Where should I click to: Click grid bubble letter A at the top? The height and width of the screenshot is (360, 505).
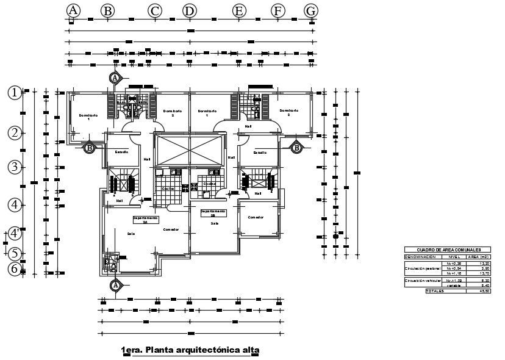tap(73, 10)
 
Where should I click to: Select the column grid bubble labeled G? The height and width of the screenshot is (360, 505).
tap(311, 10)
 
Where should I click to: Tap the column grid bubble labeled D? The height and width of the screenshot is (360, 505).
tap(190, 10)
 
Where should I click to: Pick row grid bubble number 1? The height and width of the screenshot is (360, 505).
tap(15, 92)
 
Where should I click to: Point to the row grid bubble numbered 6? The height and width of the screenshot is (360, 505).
tap(15, 268)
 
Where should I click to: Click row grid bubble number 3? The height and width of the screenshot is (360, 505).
tap(15, 167)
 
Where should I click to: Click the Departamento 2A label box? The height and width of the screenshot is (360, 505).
tap(146, 220)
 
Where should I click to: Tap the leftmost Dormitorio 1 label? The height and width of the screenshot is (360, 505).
tap(88, 117)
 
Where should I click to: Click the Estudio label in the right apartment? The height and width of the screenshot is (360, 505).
tap(260, 153)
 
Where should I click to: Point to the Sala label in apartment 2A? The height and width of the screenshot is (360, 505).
tap(131, 234)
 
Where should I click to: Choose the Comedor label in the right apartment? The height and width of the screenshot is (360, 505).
tap(255, 217)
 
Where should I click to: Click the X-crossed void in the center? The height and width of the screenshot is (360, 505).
tap(190, 149)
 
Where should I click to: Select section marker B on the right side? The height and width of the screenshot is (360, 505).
tap(296, 147)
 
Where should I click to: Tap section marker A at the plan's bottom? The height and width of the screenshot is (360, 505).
tap(115, 285)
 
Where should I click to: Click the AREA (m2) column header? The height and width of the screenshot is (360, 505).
tap(478, 257)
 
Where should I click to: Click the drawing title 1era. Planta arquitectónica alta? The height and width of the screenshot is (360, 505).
tap(190, 350)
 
